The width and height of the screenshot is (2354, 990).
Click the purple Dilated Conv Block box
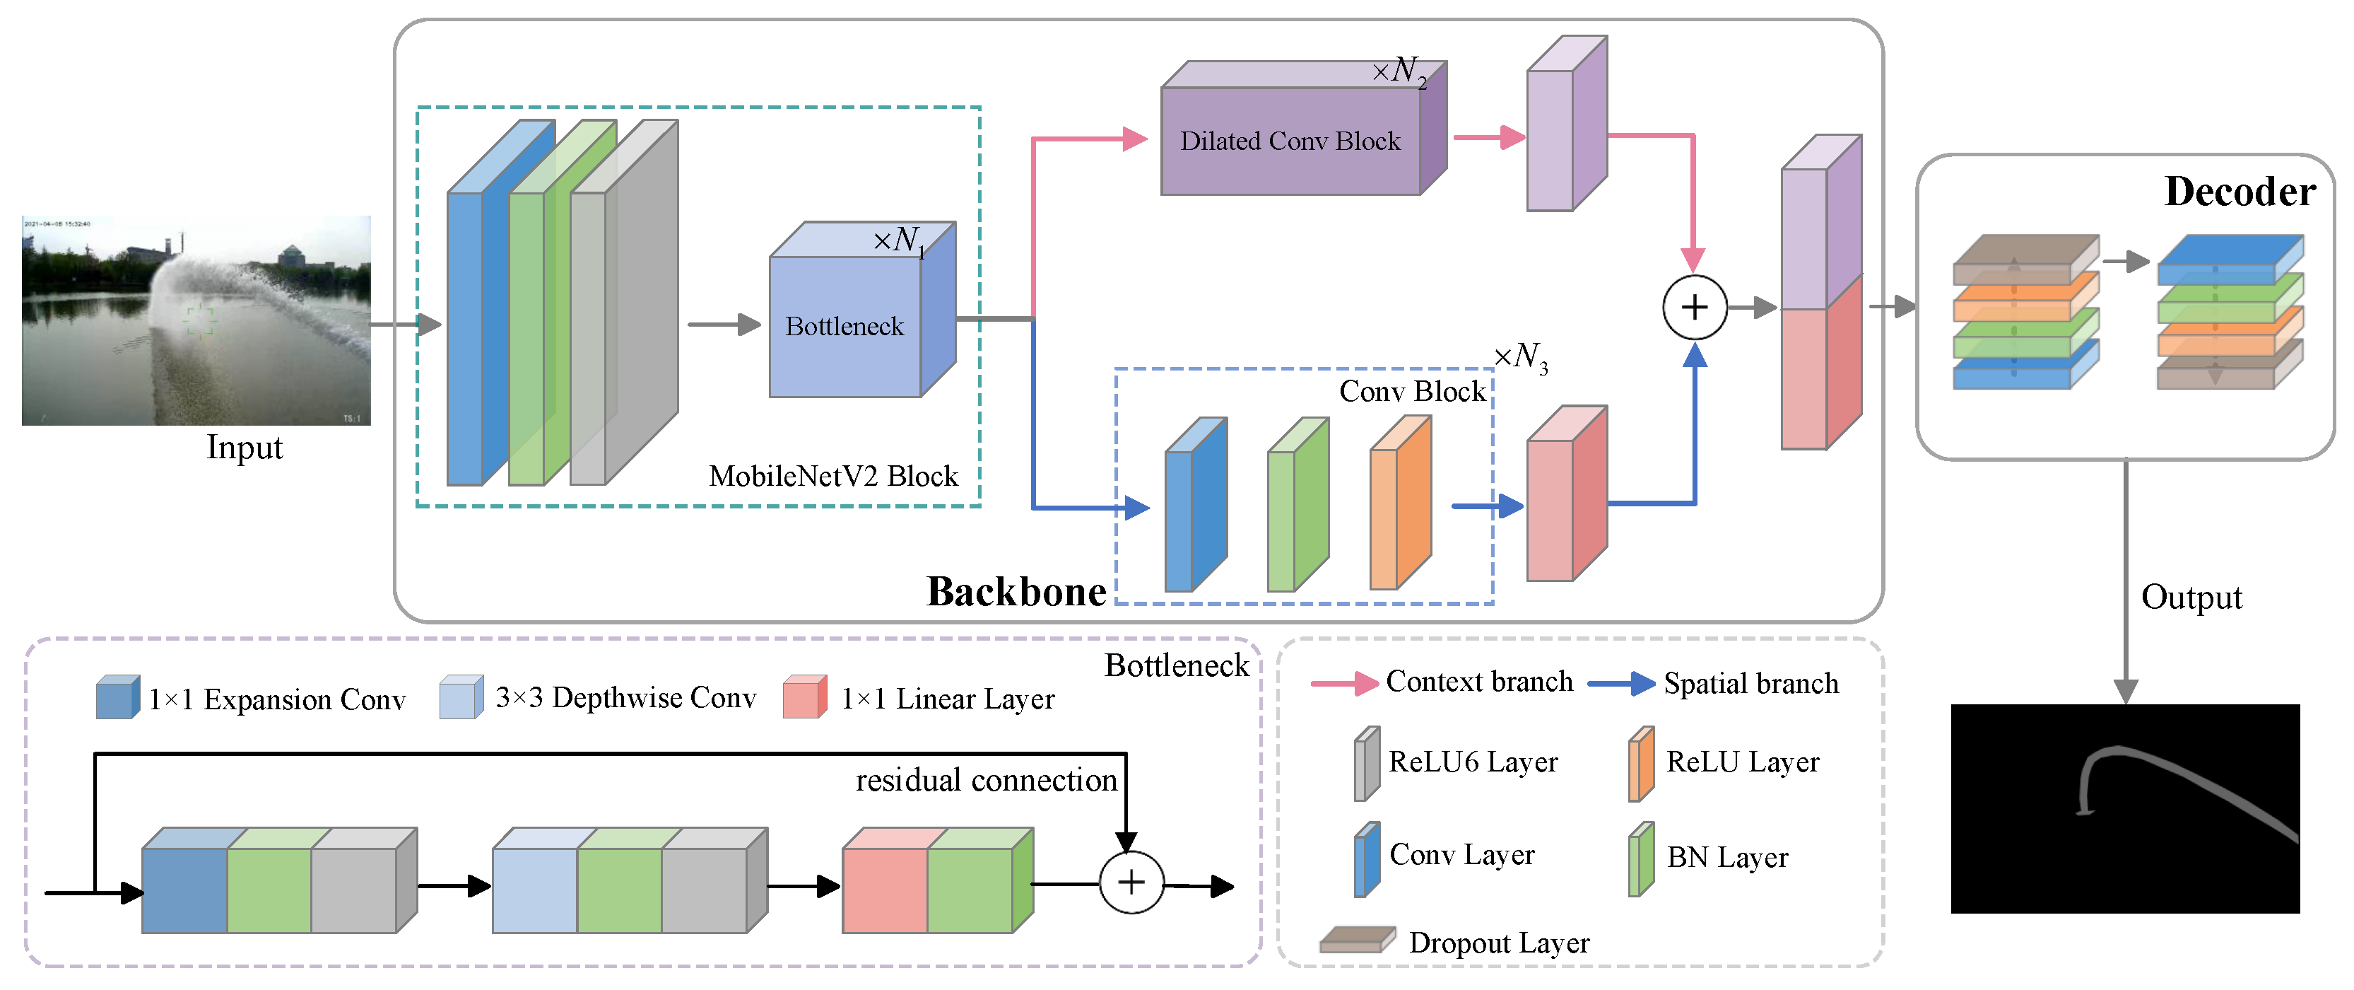[x=1290, y=140]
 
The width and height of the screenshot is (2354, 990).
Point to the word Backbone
[x=1016, y=591]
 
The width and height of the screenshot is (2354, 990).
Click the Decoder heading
[x=2240, y=192]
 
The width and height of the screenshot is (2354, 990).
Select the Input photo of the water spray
[x=196, y=320]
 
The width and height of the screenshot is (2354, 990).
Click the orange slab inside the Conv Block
[x=1400, y=505]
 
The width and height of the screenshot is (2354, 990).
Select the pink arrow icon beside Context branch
[x=1344, y=683]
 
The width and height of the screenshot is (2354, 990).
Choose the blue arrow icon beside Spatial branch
[x=1621, y=683]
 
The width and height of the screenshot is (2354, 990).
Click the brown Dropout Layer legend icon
[x=1357, y=940]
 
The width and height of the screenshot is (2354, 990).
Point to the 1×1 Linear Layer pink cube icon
[x=804, y=697]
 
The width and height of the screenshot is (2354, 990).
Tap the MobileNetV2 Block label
[x=833, y=476]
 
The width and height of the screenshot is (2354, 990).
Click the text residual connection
[x=986, y=780]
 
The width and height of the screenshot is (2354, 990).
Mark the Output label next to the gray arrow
[x=2191, y=597]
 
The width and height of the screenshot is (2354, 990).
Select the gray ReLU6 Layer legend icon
[x=1366, y=763]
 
